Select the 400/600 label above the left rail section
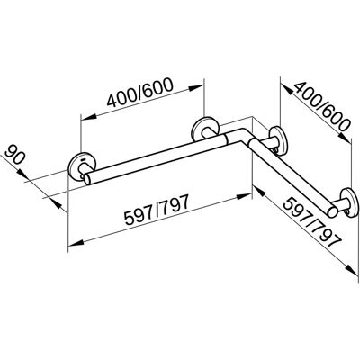(140, 93)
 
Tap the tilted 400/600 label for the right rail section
(321, 106)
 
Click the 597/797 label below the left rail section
(157, 210)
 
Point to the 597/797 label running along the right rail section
(313, 222)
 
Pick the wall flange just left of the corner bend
(205, 130)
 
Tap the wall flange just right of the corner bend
(277, 141)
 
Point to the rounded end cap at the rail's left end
(88, 179)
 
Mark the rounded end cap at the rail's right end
(332, 211)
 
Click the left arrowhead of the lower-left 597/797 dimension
(76, 244)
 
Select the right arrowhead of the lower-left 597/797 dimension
(244, 197)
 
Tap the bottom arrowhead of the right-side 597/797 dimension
(352, 269)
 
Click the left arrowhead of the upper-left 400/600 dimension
(88, 117)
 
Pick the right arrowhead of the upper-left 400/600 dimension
(196, 87)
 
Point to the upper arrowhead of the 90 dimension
(21, 173)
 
